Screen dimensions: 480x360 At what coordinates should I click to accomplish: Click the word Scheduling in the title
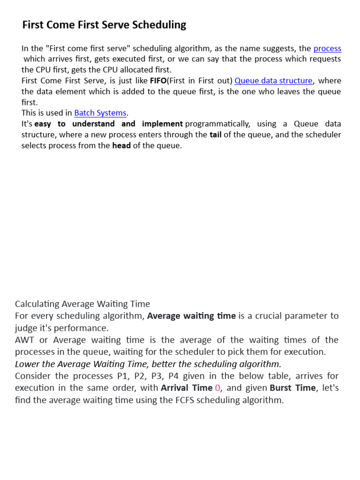coord(160,25)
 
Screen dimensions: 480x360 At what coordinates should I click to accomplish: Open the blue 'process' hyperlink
coord(327,48)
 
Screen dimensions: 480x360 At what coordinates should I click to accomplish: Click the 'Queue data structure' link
coord(273,81)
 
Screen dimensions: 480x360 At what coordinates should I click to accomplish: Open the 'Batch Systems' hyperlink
coord(100,113)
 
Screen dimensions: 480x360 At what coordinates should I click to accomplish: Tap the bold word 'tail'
coord(216,135)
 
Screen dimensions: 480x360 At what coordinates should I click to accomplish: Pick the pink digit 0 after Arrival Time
coord(217,388)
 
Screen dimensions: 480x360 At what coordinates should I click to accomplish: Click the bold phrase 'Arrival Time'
coord(187,388)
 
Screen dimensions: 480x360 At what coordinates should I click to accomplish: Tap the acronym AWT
coord(25,340)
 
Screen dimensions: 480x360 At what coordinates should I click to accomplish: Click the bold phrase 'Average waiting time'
coord(191,316)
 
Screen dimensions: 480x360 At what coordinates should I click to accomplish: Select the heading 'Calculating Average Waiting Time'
coord(82,304)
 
